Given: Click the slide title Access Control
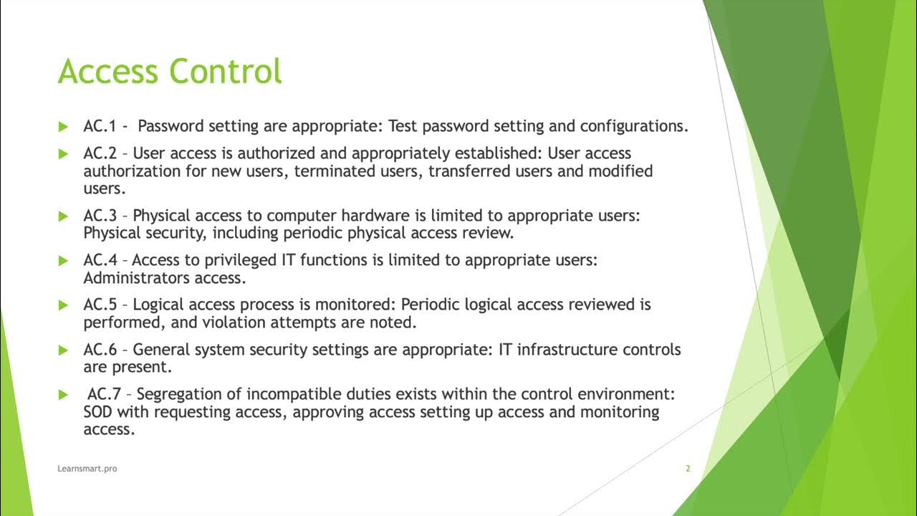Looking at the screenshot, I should click(170, 72).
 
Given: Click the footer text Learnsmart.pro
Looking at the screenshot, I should click(87, 469).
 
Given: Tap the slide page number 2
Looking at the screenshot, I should click(688, 469).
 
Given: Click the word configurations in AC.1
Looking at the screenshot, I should click(634, 126).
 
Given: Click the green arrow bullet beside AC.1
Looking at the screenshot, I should click(63, 127).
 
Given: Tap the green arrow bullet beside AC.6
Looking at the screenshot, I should click(63, 350).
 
